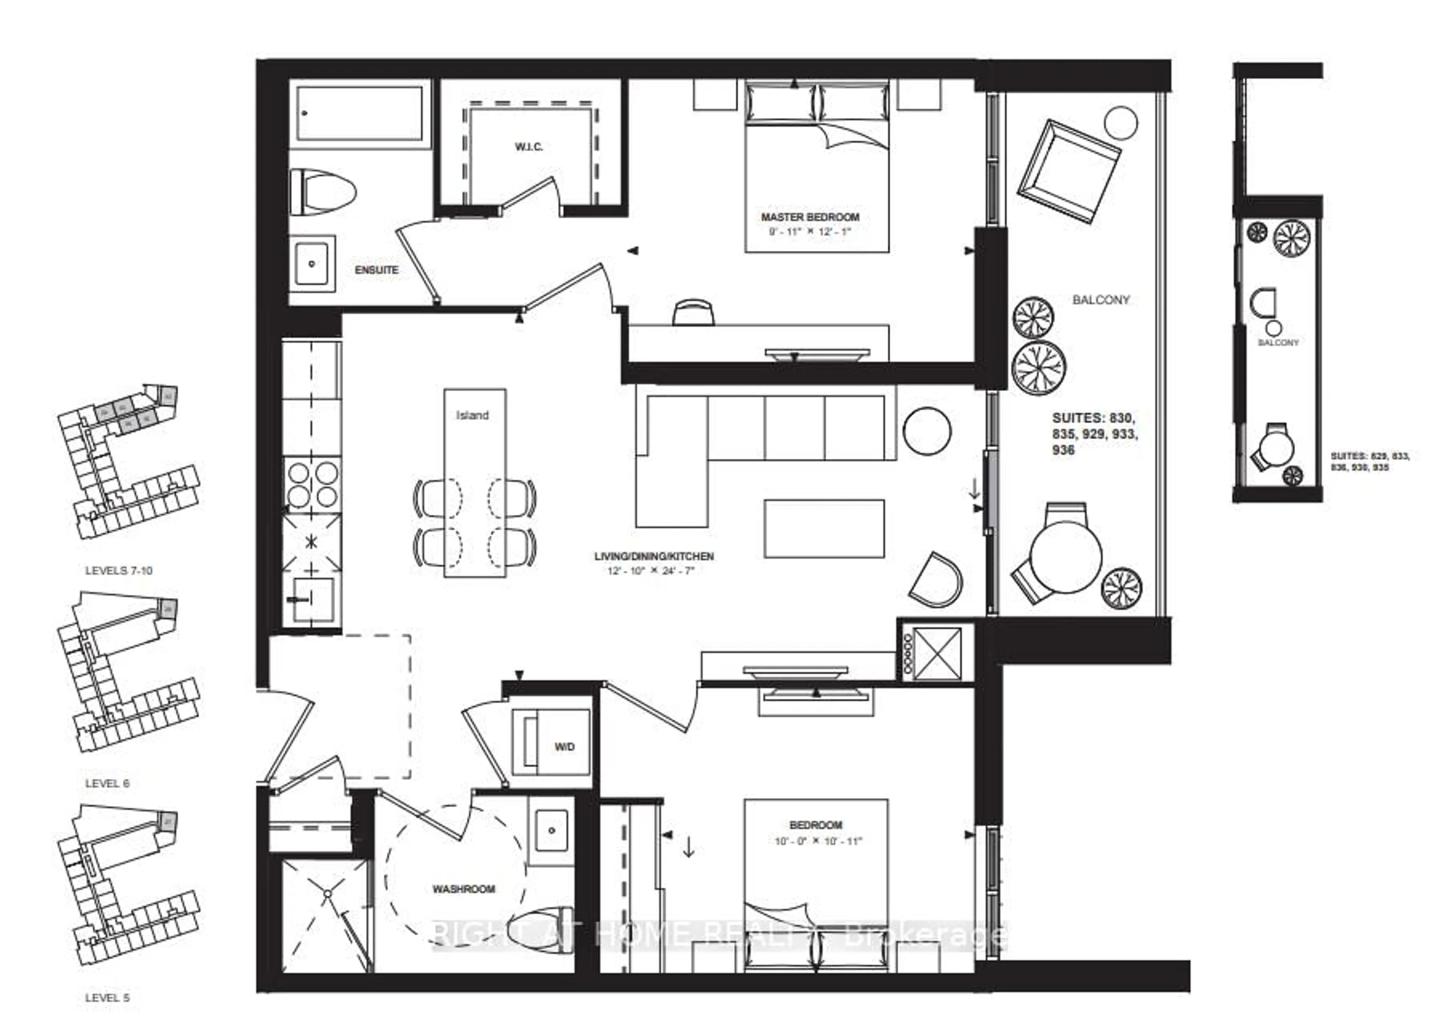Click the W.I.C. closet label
pyautogui.click(x=528, y=147)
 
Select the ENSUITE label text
pyautogui.click(x=376, y=270)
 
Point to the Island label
pyautogui.click(x=472, y=415)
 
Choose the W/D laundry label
pyautogui.click(x=564, y=747)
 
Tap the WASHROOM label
pyautogui.click(x=463, y=889)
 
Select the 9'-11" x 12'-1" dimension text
pyautogui.click(x=810, y=232)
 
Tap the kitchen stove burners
pyautogui.click(x=312, y=484)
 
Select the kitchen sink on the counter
pyautogui.click(x=311, y=599)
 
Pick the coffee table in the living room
pyautogui.click(x=824, y=528)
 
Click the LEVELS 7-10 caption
pyautogui.click(x=119, y=571)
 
